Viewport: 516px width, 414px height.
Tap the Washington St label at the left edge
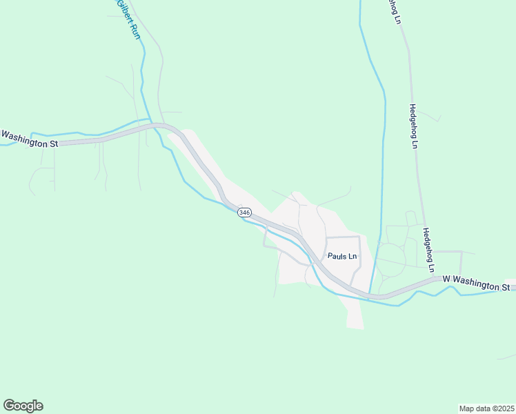[29, 139]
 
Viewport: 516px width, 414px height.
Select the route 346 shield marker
[244, 213]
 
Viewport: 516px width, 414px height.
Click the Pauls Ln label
[342, 256]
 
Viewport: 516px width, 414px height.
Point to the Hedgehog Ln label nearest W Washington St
[430, 250]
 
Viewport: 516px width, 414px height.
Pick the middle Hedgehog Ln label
[414, 126]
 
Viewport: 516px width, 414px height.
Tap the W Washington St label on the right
[476, 283]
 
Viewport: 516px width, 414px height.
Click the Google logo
[23, 406]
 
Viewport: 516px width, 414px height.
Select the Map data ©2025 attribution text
[486, 408]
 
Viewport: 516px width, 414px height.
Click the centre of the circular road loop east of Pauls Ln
[390, 259]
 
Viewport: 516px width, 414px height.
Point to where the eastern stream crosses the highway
[373, 295]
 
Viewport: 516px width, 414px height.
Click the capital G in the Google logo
[9, 406]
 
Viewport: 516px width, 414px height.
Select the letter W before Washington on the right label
[446, 279]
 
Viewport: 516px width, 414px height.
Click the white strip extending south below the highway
[355, 315]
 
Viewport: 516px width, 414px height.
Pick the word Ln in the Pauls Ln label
[352, 256]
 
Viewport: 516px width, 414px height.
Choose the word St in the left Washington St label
[53, 144]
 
